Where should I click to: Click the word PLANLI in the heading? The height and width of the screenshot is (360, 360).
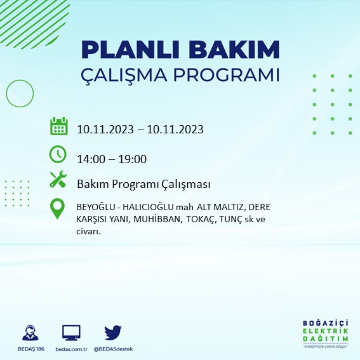coord(130,50)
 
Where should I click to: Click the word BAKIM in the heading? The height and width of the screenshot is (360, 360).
coord(234,50)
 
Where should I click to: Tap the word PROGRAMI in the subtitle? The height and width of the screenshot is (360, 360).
coord(227,75)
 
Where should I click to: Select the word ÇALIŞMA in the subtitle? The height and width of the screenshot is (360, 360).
coord(124,76)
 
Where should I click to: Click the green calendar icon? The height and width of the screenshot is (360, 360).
coord(59,126)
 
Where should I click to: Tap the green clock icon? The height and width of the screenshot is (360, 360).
coord(58,154)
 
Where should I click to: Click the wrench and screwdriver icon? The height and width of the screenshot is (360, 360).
coord(58,179)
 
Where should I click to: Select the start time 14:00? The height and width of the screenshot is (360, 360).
coord(92,159)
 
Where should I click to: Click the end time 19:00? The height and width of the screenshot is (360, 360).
coord(132,159)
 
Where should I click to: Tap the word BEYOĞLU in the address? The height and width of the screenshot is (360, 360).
coord(96,207)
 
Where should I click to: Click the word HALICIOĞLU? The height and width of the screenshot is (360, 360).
coord(148,207)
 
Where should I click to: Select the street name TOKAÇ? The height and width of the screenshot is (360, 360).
coord(201,220)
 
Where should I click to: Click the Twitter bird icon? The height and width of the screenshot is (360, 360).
coord(113,332)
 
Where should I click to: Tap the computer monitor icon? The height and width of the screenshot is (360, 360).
coord(71,333)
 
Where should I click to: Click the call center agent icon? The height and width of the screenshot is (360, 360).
coord(30,333)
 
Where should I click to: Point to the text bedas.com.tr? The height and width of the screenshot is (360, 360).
coord(71,349)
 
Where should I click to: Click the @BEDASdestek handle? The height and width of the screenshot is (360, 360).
coord(113,349)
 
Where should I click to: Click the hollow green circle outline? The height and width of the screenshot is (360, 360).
coord(6,93)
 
